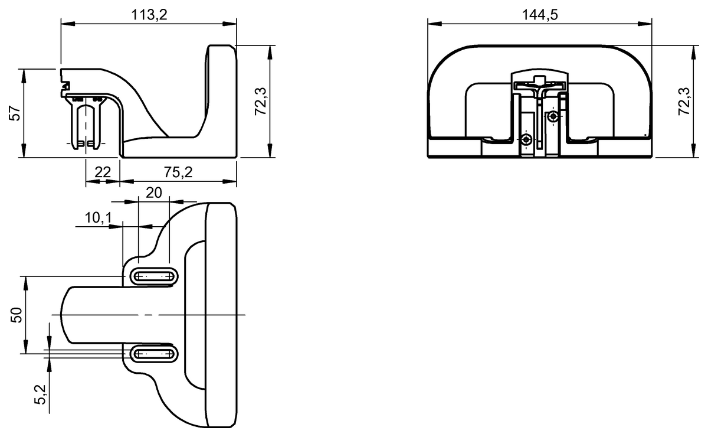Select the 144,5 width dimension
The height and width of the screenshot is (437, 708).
pyautogui.click(x=539, y=15)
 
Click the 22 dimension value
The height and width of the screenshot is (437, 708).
pyautogui.click(x=103, y=172)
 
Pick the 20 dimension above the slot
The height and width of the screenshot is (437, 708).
pyautogui.click(x=153, y=193)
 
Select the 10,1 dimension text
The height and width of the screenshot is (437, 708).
pyautogui.click(x=98, y=218)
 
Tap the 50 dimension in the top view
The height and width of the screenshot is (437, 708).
pyautogui.click(x=17, y=315)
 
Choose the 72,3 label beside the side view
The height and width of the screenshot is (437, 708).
pyautogui.click(x=261, y=101)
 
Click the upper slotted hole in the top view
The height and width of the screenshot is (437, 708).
pyautogui.click(x=153, y=275)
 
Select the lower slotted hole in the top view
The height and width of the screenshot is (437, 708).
pyautogui.click(x=153, y=354)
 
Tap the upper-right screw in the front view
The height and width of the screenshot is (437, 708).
pyautogui.click(x=552, y=117)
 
